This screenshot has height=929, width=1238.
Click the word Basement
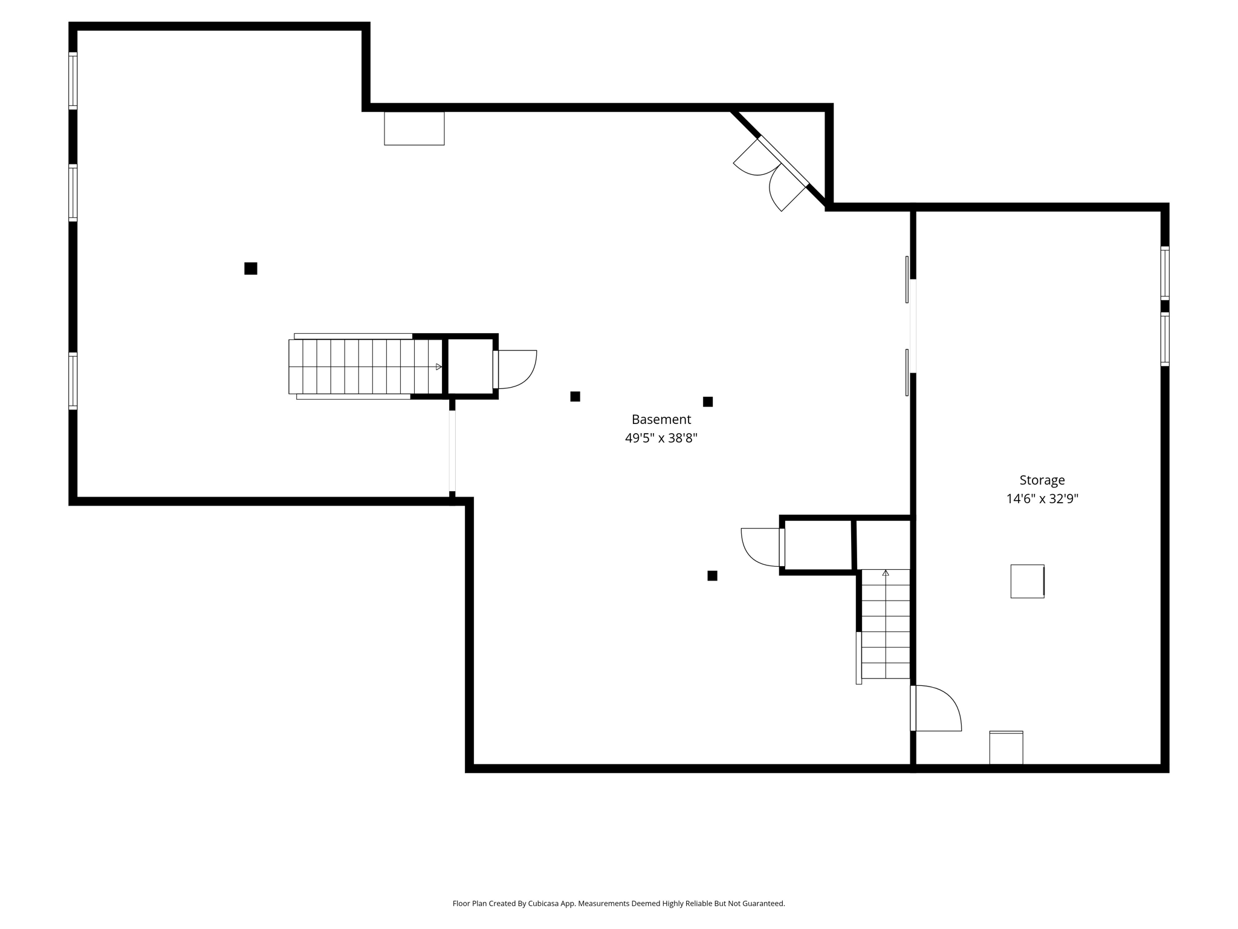[661, 419]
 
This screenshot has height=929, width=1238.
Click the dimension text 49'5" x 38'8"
[661, 438]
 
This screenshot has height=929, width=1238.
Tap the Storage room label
[1042, 480]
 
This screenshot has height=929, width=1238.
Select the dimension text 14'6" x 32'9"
[1042, 499]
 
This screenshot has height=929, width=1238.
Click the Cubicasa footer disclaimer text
[618, 904]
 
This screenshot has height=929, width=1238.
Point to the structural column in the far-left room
[251, 269]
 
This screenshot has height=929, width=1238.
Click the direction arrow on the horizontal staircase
[438, 367]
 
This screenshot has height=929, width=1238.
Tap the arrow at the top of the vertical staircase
[886, 573]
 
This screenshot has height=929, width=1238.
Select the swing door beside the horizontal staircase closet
[516, 369]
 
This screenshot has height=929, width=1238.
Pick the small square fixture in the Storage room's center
[1027, 581]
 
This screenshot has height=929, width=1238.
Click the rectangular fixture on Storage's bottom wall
[1006, 748]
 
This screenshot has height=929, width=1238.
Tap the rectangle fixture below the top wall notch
[414, 128]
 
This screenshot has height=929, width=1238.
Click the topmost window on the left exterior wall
[73, 80]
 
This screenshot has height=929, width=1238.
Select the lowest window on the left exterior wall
[73, 381]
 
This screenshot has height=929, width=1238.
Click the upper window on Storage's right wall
[1164, 273]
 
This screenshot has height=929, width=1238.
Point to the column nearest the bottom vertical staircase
[712, 576]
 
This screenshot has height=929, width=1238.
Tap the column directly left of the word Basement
[575, 397]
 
